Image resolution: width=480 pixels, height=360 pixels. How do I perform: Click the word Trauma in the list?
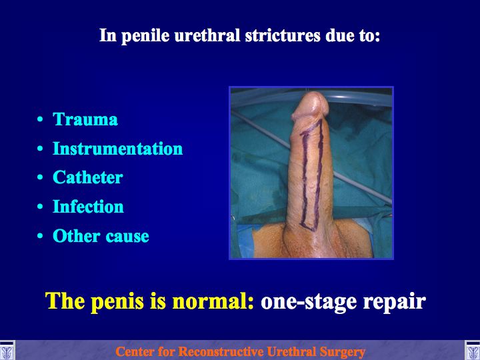[85, 119]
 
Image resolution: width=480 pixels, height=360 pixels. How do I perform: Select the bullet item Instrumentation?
[117, 149]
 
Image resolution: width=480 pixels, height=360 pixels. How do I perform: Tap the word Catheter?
[88, 177]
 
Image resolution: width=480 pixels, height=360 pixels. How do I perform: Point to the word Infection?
[88, 206]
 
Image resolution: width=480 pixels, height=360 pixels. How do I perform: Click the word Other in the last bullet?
[77, 236]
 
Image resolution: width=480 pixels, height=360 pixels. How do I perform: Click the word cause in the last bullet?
[127, 237]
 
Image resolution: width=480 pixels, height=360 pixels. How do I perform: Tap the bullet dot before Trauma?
[40, 119]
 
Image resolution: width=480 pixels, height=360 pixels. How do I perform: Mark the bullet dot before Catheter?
[40, 177]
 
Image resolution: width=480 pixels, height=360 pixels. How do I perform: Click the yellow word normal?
[213, 301]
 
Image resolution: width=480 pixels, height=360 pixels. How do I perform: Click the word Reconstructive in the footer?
[221, 351]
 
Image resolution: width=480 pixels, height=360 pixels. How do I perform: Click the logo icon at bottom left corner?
[7, 351]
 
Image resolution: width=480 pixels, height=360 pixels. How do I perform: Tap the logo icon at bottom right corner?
[473, 351]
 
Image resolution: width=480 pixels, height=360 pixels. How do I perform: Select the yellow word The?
[65, 301]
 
